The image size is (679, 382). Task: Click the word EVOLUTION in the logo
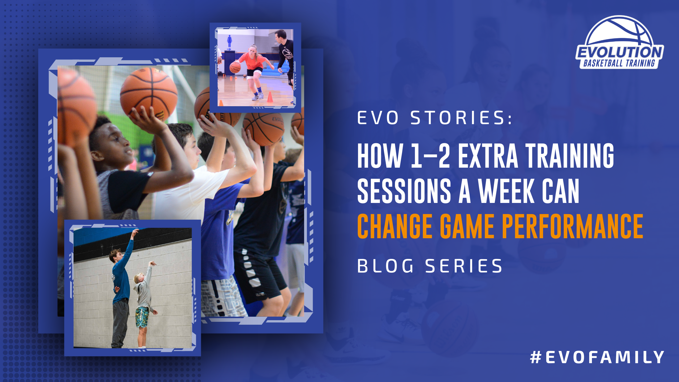[620, 52]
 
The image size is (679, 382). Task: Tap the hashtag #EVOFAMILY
[597, 357]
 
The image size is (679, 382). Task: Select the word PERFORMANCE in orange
[573, 226]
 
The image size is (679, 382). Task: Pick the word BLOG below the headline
[385, 266]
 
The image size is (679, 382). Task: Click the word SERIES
[464, 266]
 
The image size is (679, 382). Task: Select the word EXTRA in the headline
[488, 155]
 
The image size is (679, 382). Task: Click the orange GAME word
[467, 226]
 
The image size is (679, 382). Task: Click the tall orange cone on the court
[270, 97]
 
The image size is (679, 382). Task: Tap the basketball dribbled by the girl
[235, 68]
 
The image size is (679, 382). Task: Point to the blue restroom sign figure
[229, 41]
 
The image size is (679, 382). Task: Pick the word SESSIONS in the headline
[404, 191]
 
